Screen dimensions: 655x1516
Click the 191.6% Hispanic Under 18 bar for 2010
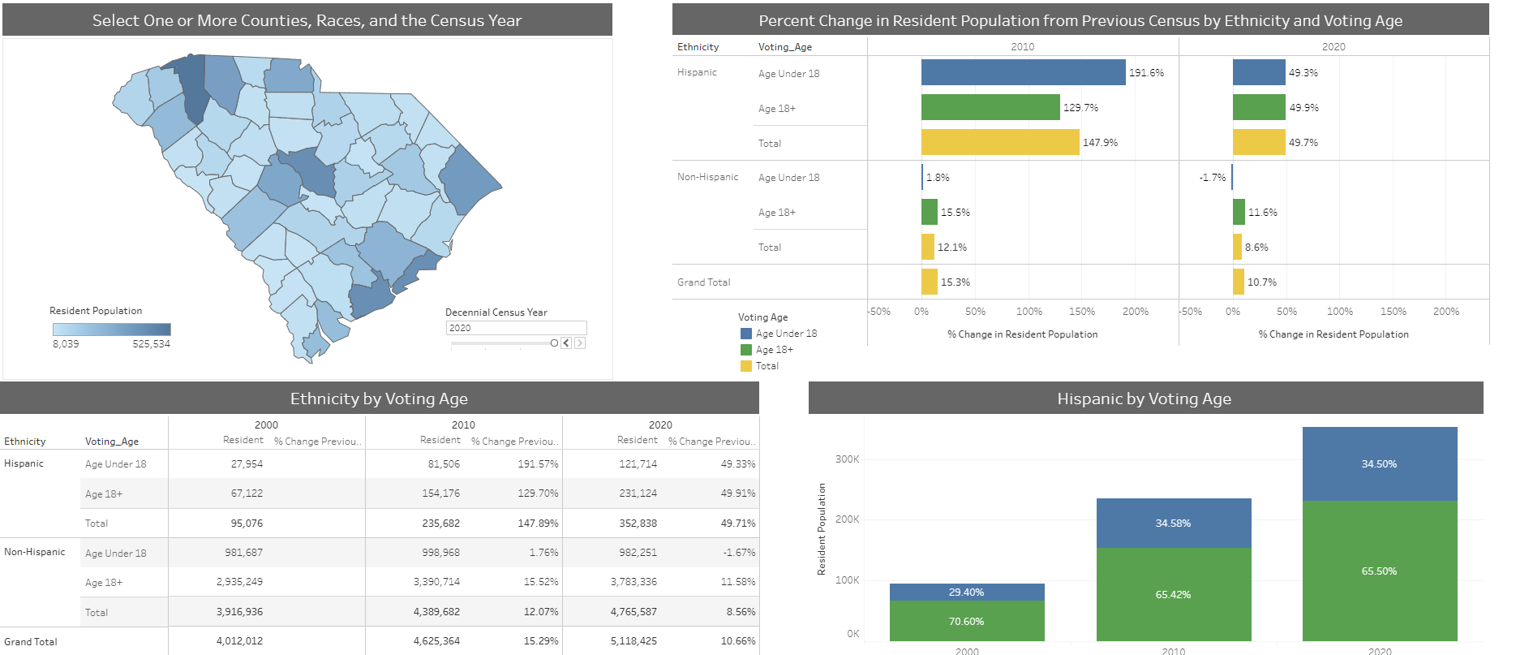click(1023, 72)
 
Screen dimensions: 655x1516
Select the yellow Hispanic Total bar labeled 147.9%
click(999, 142)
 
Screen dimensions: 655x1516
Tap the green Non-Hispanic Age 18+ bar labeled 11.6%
click(1239, 212)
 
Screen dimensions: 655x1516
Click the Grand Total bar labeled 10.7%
click(1238, 282)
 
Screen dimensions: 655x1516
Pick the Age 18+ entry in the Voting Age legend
click(774, 350)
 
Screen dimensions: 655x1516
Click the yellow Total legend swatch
click(746, 366)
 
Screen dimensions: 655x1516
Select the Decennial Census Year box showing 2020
click(515, 328)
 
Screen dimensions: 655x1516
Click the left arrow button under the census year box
click(566, 343)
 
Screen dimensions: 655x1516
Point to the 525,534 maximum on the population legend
click(151, 344)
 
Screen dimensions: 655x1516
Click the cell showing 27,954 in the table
click(247, 464)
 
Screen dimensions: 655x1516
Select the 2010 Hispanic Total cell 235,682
click(440, 524)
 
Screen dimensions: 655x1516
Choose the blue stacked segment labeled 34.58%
click(1173, 523)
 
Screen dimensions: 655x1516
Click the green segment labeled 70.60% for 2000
click(966, 621)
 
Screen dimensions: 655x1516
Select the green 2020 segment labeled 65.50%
click(1379, 571)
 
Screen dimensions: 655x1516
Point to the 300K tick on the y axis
click(847, 459)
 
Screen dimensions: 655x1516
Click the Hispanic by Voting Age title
click(1144, 399)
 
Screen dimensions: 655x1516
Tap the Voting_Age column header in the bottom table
click(112, 442)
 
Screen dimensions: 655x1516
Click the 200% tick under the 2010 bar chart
click(1135, 312)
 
